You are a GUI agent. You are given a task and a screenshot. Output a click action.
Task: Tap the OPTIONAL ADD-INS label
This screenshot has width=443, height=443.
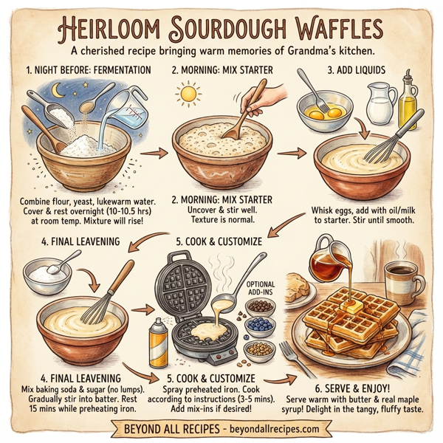pos(260,288)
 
